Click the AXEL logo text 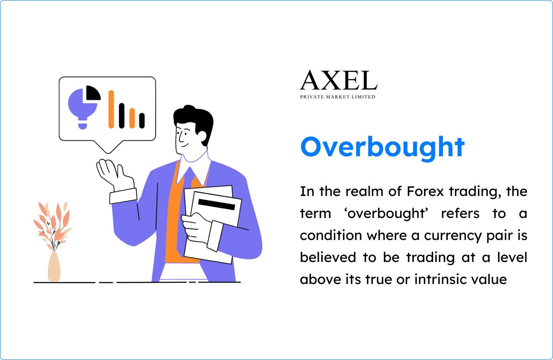click(338, 81)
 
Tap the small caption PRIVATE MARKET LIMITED click(338, 97)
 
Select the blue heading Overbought click(382, 147)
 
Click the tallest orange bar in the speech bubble click(111, 109)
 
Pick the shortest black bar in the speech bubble click(141, 120)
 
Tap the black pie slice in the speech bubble click(92, 93)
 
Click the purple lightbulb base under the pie click(82, 126)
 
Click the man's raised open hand click(110, 173)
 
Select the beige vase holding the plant click(54, 267)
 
